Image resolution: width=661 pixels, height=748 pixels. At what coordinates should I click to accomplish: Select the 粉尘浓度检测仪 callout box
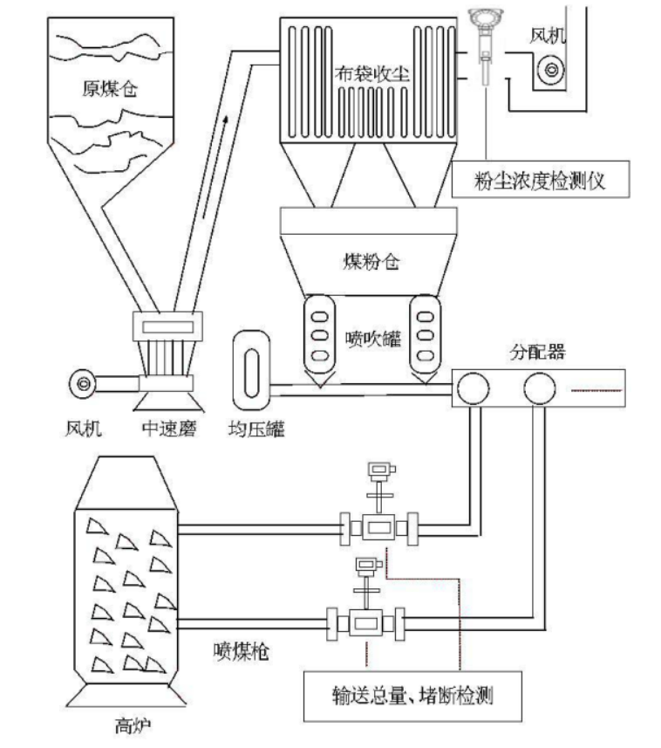point(541,182)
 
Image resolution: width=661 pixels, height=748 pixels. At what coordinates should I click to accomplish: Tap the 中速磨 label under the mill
point(170,429)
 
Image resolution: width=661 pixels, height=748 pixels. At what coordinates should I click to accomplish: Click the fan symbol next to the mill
point(83,382)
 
